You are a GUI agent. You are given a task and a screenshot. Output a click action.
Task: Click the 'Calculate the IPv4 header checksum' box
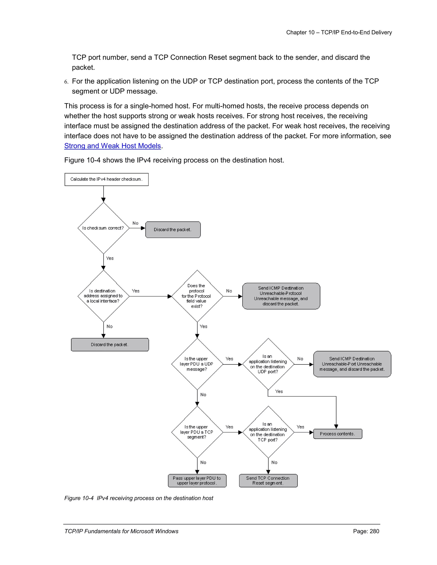click(106, 179)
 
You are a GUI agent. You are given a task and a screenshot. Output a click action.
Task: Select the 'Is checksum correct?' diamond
click(103, 228)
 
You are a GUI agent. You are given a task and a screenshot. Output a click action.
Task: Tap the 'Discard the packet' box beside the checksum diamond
click(173, 229)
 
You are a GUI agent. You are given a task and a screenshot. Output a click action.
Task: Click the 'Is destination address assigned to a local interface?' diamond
click(103, 296)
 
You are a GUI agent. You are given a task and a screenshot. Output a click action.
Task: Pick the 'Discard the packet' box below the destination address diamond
click(110, 345)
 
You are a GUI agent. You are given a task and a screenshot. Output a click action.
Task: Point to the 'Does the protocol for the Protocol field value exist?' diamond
click(197, 296)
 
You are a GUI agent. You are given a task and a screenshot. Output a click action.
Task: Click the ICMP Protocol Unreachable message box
click(281, 296)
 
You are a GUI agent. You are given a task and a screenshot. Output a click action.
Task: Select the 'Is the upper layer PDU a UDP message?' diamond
click(197, 364)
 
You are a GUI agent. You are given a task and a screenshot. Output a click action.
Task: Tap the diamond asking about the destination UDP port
click(268, 364)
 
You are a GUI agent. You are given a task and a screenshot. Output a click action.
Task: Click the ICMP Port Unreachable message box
click(352, 364)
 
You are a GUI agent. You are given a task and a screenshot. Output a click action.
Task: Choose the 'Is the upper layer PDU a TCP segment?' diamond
click(197, 432)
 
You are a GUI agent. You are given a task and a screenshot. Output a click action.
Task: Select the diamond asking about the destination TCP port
click(268, 432)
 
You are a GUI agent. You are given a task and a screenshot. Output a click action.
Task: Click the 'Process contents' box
click(338, 434)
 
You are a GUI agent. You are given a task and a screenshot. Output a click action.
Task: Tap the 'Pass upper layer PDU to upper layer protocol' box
click(197, 481)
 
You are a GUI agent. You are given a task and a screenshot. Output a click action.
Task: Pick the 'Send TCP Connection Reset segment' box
click(268, 481)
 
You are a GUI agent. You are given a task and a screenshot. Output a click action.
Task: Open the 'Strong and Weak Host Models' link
click(113, 146)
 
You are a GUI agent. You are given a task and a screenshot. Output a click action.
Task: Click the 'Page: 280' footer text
click(366, 531)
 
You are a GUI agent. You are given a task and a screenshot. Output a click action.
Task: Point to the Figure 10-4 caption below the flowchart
click(139, 498)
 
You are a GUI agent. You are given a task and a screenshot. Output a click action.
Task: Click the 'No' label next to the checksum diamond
click(135, 223)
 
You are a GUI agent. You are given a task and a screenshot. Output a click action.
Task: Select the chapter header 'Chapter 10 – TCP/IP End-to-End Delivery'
click(339, 32)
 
